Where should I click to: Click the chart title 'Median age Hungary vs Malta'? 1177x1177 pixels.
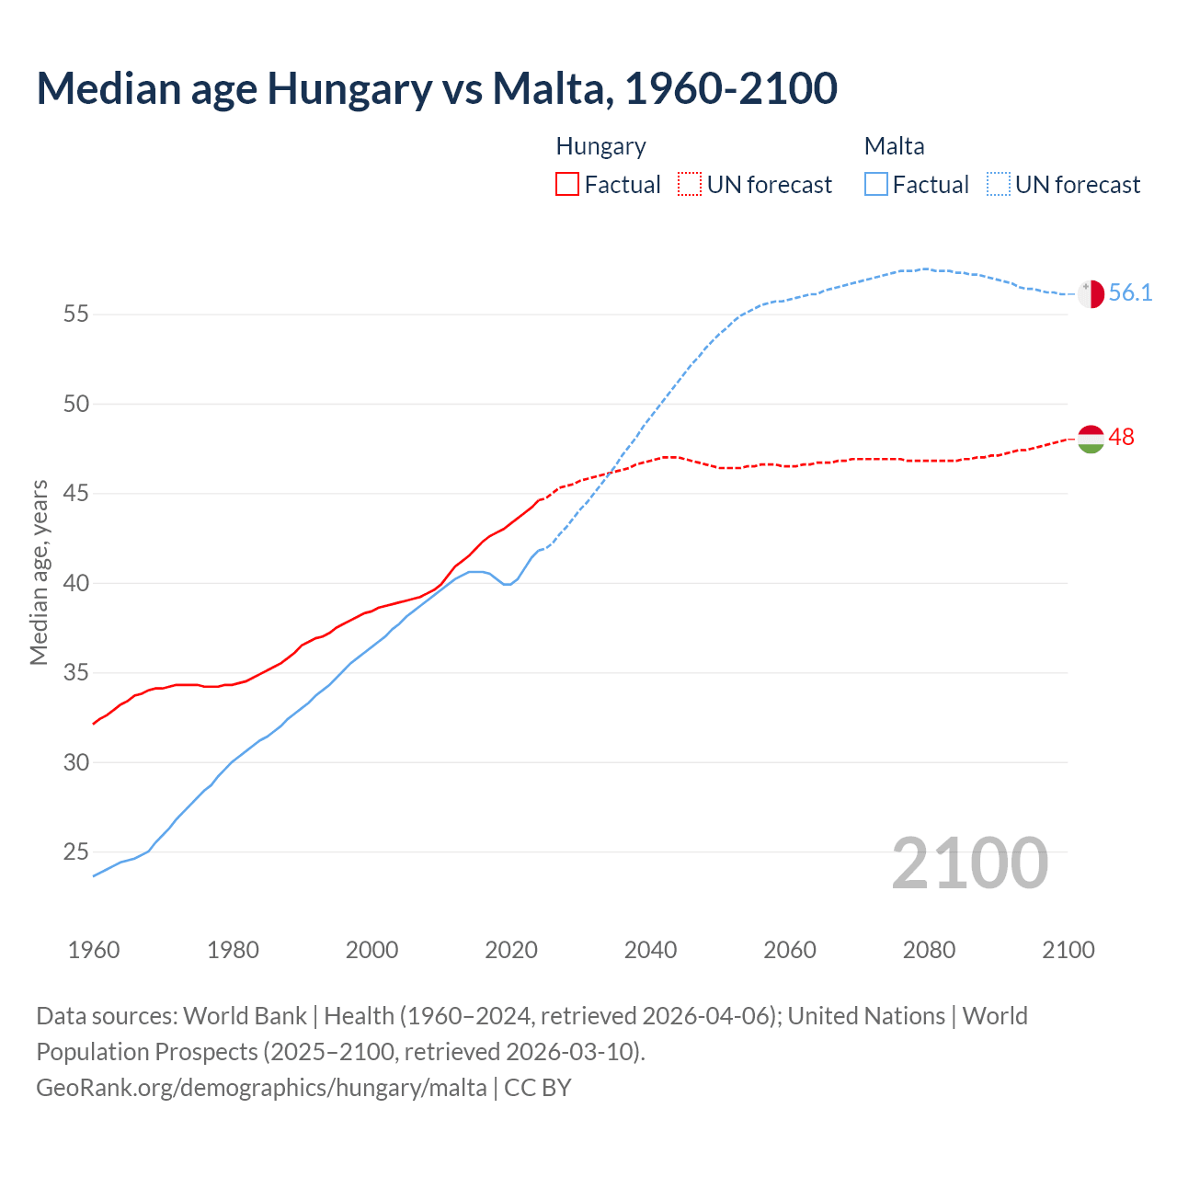coord(437,88)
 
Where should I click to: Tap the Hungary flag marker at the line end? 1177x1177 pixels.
coord(1091,439)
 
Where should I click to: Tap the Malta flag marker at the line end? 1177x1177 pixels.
coord(1091,294)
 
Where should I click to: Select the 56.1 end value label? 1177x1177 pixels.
coord(1130,293)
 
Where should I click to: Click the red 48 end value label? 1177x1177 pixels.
coord(1121,438)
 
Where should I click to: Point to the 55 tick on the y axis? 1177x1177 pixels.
coord(76,314)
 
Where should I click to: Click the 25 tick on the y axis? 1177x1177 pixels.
coord(76,852)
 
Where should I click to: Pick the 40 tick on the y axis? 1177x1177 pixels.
coord(76,584)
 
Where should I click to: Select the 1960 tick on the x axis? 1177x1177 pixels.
coord(94,950)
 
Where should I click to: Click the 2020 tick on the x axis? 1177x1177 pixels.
coord(511,950)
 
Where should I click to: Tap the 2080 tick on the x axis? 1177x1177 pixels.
coord(929,950)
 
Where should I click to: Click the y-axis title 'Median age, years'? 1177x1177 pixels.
coord(39,572)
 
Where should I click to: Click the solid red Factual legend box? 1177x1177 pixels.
coord(567,185)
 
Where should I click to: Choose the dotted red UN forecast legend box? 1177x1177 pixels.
coord(690,185)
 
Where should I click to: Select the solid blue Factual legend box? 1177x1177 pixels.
coord(876,185)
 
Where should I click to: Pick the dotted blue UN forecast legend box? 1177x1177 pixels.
coord(999,185)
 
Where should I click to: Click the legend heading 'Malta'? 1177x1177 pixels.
coord(894,146)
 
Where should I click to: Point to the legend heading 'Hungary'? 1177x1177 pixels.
coord(600,146)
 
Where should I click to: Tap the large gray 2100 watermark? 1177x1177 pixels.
coord(969,863)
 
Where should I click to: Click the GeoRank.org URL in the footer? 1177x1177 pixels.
coord(261,1088)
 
